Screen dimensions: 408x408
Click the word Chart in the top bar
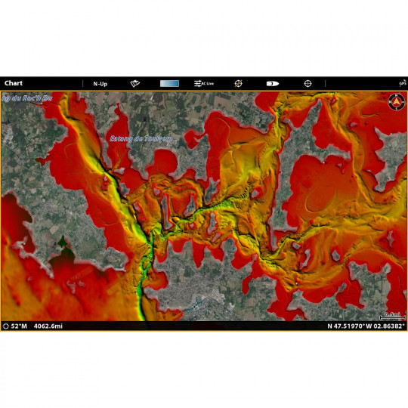pyautogui.click(x=14, y=83)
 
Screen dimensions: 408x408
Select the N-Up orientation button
pyautogui.click(x=100, y=83)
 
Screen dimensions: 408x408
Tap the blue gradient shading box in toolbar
pyautogui.click(x=170, y=83)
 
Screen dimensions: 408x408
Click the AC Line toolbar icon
pyautogui.click(x=204, y=83)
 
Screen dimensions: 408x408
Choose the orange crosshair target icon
pyautogui.click(x=238, y=83)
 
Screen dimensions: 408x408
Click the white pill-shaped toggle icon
pyautogui.click(x=273, y=83)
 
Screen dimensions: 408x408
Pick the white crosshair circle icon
pyautogui.click(x=308, y=83)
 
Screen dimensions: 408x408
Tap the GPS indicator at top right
pyautogui.click(x=403, y=83)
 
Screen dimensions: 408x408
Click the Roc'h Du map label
pyautogui.click(x=27, y=97)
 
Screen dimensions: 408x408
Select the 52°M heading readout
pyautogui.click(x=19, y=326)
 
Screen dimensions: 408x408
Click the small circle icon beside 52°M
pyautogui.click(x=6, y=326)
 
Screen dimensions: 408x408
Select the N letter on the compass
pyautogui.click(x=395, y=96)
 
